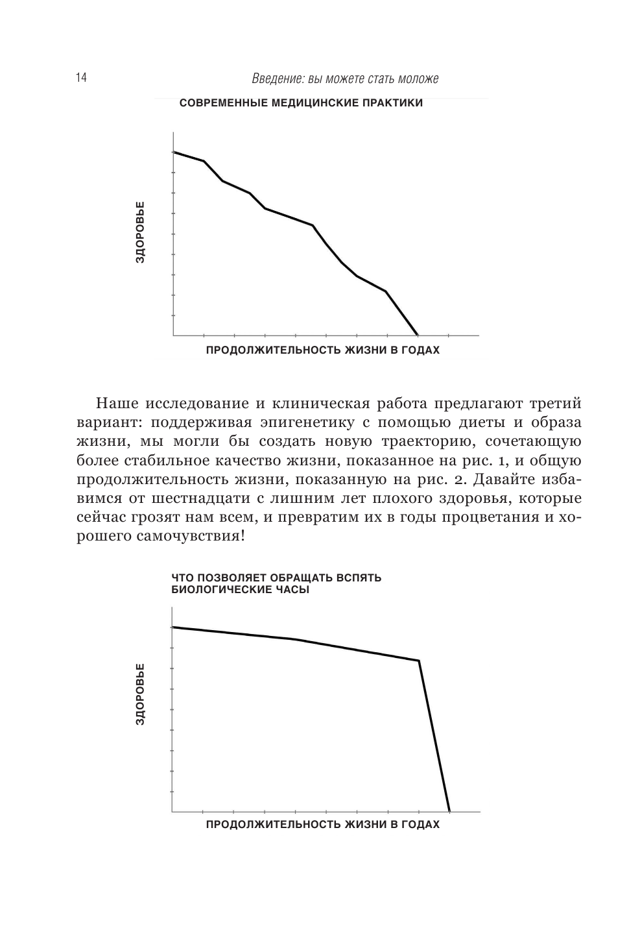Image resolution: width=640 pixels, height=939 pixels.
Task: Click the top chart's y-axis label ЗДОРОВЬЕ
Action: pyautogui.click(x=140, y=232)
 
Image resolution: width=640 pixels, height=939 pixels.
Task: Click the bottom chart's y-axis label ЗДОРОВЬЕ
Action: pyautogui.click(x=140, y=694)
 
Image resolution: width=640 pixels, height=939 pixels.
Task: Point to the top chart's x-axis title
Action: pyautogui.click(x=322, y=350)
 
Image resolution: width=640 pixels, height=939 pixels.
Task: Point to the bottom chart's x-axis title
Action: pyautogui.click(x=322, y=825)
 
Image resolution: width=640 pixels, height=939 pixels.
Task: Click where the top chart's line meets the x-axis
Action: pyautogui.click(x=418, y=335)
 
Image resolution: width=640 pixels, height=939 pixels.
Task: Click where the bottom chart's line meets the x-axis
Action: pyautogui.click(x=449, y=811)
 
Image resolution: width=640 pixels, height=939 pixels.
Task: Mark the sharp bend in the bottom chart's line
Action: pyautogui.click(x=419, y=661)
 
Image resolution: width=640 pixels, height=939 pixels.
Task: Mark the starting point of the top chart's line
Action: pyautogui.click(x=174, y=152)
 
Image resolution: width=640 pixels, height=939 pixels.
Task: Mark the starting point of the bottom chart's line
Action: pyautogui.click(x=173, y=627)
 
